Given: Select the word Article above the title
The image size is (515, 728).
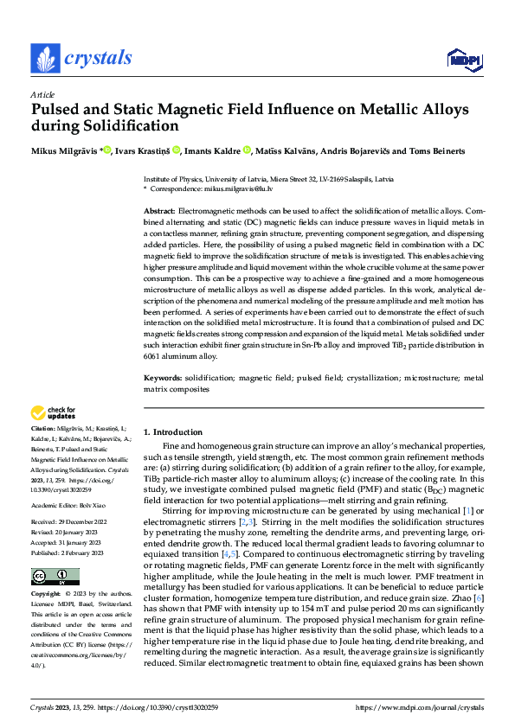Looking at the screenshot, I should click(x=42, y=93).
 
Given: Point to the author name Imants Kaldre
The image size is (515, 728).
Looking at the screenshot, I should click(x=213, y=151).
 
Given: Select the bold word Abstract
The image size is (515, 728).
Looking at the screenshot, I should click(x=159, y=211).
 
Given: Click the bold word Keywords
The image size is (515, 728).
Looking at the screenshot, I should click(x=162, y=378).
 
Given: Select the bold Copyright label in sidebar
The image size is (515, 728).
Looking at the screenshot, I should click(x=47, y=594).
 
